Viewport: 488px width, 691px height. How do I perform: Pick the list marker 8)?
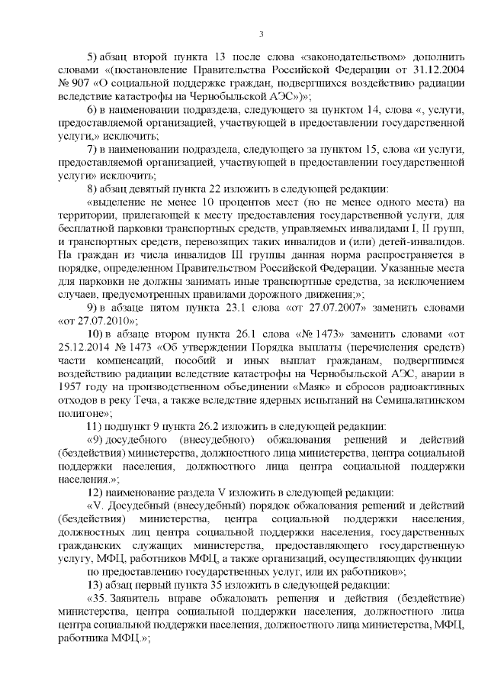click(x=94, y=189)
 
